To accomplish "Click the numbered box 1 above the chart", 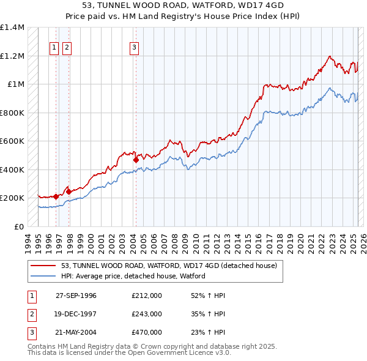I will (54, 47).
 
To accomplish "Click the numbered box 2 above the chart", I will (66, 47).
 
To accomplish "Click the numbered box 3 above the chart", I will (134, 47).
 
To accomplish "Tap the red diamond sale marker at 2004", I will (136, 160).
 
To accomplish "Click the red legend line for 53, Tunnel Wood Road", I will (43, 266).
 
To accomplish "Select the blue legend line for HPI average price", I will (43, 276).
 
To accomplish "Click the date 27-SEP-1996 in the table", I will (76, 295).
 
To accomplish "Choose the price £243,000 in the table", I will (146, 314).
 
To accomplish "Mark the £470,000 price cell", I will (146, 333).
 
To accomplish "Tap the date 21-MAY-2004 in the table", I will (76, 333).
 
